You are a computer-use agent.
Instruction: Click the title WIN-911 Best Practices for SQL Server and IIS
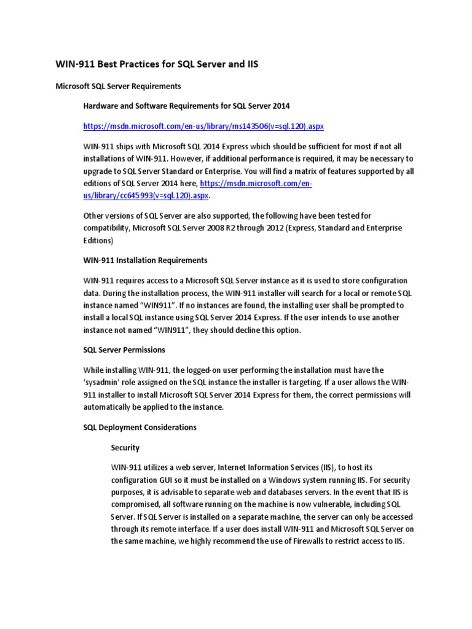[157, 64]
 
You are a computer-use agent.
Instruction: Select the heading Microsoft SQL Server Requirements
[119, 86]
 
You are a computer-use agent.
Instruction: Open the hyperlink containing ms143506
[203, 126]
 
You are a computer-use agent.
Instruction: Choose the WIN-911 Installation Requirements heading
[145, 260]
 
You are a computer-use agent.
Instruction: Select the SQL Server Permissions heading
[124, 350]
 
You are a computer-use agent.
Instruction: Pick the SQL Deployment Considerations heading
[140, 427]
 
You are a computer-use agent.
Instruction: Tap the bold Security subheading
[125, 448]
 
